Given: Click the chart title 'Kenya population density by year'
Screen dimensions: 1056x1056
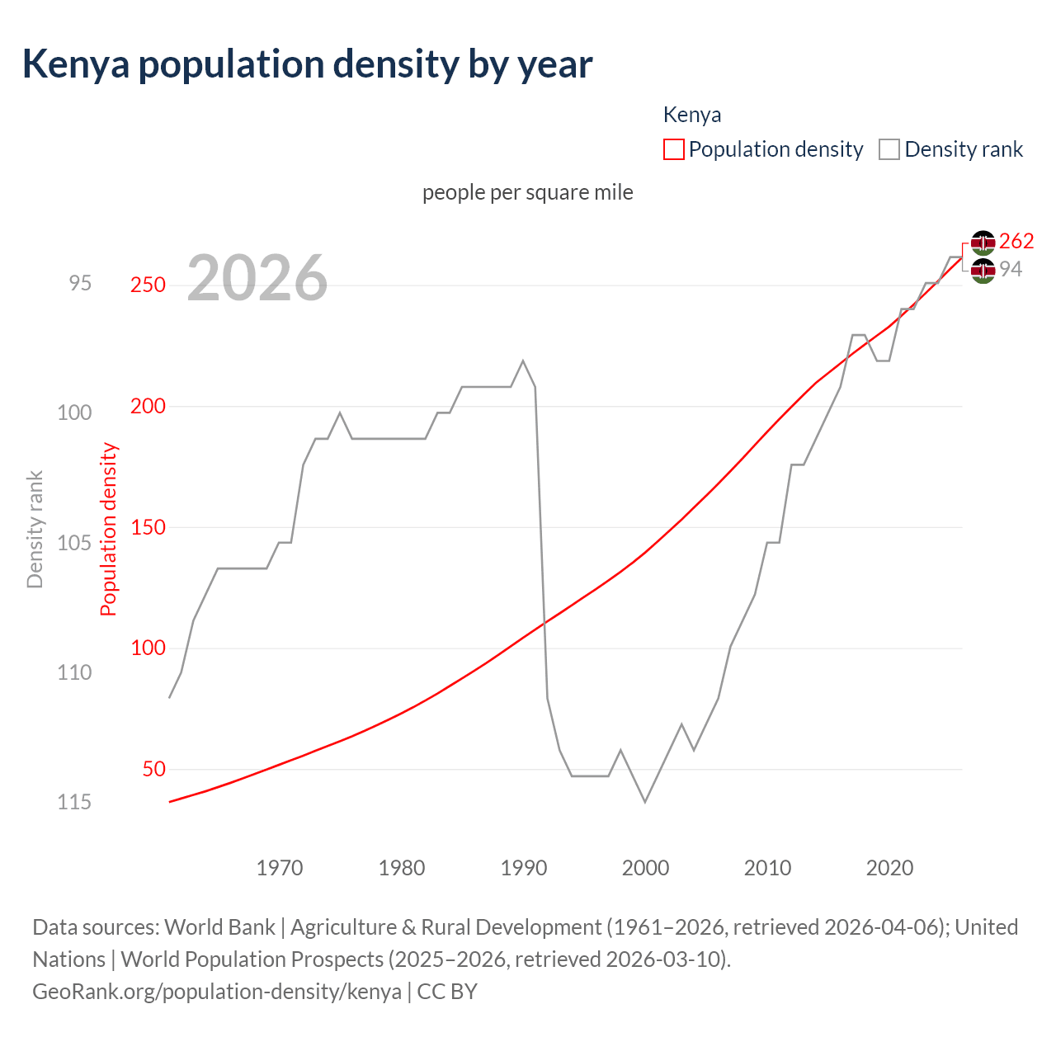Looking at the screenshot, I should tap(307, 64).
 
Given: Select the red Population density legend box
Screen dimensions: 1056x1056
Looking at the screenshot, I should tap(673, 149).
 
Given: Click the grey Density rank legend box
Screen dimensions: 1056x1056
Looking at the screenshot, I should tap(889, 149).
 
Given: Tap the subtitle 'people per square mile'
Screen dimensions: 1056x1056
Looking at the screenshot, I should tap(528, 192).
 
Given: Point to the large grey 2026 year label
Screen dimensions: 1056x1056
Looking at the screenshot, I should tap(257, 279).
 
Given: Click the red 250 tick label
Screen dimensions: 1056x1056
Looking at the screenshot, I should tap(148, 285).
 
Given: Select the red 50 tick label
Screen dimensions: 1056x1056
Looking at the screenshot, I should tap(153, 769).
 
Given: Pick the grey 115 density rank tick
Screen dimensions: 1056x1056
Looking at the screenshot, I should tap(74, 802).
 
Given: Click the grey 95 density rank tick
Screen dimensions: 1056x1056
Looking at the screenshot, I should tap(80, 283).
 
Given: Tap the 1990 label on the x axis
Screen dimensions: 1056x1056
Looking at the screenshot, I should tap(524, 868).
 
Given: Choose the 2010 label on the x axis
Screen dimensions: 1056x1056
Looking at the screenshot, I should tap(767, 868).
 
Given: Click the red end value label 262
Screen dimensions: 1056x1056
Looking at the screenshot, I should tap(1016, 241).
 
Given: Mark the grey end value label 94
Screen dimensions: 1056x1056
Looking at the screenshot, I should tap(1011, 269).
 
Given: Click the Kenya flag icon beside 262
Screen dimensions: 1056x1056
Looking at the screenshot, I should tap(983, 243).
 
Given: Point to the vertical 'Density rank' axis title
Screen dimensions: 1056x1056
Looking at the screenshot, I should tap(35, 529).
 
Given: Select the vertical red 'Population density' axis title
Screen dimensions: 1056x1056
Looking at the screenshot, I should tap(109, 529).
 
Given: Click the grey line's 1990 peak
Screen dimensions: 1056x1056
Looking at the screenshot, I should tap(523, 361).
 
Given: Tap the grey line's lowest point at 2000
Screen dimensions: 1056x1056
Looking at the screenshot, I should tap(645, 801).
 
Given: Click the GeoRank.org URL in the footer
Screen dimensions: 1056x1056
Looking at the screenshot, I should tap(217, 991).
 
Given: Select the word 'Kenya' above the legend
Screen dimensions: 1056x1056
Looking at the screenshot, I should tap(692, 115).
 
